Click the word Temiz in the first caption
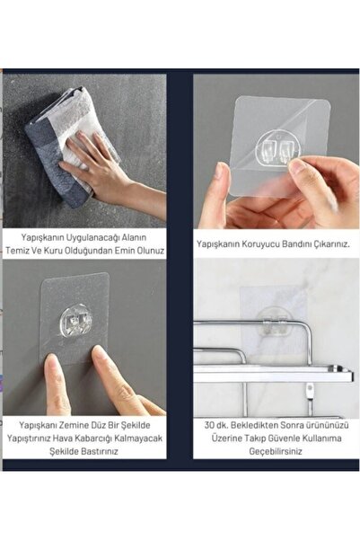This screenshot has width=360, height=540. (x=17, y=251)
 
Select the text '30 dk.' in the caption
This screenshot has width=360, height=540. (x=215, y=425)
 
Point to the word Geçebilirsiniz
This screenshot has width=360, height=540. (x=275, y=451)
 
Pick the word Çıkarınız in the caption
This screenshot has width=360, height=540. (x=331, y=244)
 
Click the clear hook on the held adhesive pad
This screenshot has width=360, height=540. (x=278, y=149)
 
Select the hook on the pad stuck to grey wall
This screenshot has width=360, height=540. (x=76, y=323)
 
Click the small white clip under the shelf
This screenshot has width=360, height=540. (x=311, y=390)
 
